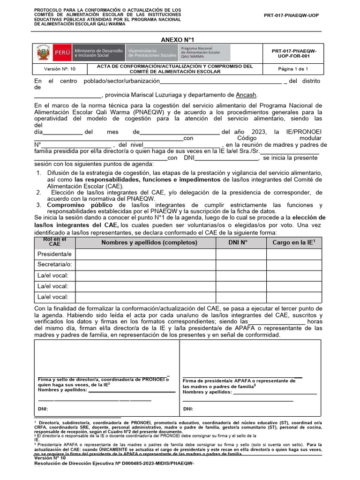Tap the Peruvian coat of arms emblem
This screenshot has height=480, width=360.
coord(44,53)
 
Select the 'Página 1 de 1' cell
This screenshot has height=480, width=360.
coord(293,69)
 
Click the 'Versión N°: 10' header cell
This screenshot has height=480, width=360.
coord(59,69)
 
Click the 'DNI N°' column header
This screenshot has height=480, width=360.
coord(238,242)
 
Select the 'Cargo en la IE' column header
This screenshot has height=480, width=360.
coord(293,242)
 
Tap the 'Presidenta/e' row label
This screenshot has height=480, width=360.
coord(54,254)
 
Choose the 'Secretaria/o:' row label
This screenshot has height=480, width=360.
coord(55,265)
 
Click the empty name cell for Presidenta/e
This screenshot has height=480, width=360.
coord(145,254)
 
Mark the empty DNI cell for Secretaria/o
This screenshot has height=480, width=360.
coord(238,265)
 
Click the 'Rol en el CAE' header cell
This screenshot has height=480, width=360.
coord(54,242)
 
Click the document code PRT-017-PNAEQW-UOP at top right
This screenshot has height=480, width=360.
coord(291,15)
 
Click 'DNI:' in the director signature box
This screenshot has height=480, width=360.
coord(44,409)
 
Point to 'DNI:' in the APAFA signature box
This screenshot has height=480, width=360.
coord(188,409)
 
